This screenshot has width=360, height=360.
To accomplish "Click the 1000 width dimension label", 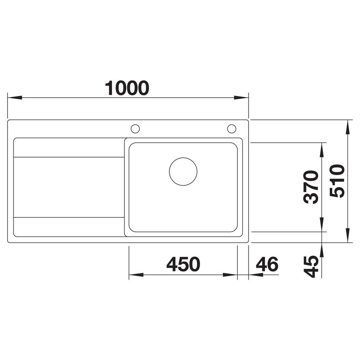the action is coord(127,88).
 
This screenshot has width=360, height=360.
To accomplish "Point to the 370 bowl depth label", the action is coord(311,187).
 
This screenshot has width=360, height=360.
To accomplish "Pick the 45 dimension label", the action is coord(311,267).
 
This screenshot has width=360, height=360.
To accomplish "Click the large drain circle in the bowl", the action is coord(183,172).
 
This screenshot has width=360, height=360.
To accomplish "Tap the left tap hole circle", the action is coord(135,129).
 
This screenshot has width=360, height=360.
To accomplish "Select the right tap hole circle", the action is coord(232,129).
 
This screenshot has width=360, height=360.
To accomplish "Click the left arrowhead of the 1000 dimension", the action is coord(15,98).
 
